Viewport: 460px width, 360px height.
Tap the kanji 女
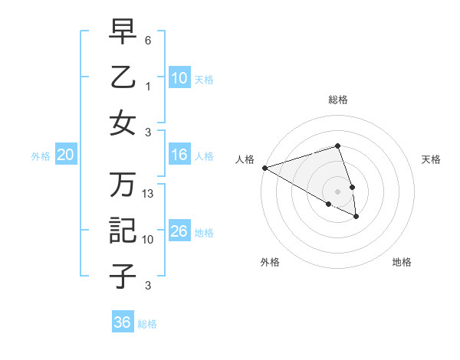point(123,123)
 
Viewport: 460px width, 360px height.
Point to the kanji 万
point(123,184)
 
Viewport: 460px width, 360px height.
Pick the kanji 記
point(123,230)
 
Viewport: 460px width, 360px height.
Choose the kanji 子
point(123,275)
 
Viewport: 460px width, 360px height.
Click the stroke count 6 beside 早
point(148,40)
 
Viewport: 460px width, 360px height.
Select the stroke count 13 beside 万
point(149,194)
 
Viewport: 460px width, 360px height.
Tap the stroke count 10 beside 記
point(149,240)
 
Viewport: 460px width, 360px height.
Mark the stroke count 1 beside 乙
point(148,87)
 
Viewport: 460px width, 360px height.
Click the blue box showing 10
point(179,77)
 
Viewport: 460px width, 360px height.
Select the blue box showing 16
point(179,155)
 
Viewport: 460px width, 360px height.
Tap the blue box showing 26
point(179,231)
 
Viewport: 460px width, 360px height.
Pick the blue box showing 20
point(65,155)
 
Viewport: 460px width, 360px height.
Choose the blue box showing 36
point(123,322)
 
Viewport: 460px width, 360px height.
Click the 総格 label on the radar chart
point(337,100)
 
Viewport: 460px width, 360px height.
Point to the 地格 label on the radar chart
point(402,262)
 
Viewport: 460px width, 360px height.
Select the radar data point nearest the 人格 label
point(264,168)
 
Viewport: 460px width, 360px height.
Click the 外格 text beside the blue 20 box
point(41,156)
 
